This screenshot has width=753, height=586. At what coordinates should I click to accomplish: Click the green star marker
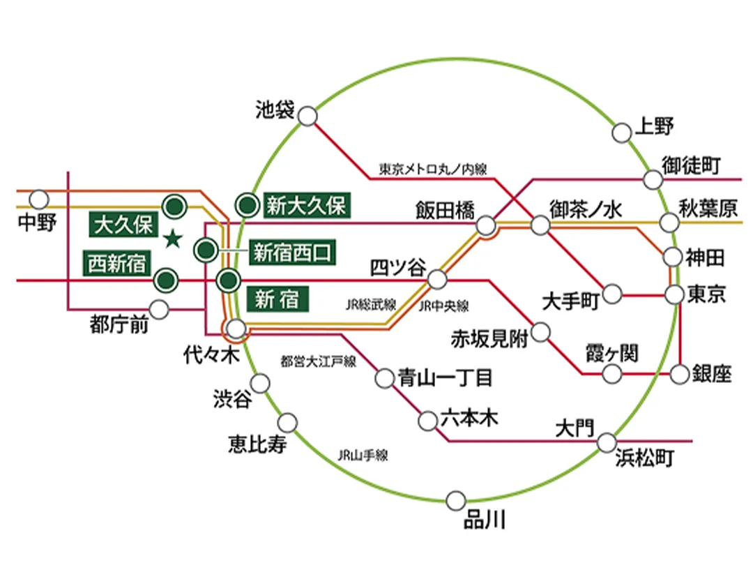(172, 240)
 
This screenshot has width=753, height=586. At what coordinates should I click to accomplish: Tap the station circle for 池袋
(307, 116)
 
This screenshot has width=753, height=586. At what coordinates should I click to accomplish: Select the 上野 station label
(653, 128)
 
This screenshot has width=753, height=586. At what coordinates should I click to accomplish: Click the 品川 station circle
(456, 499)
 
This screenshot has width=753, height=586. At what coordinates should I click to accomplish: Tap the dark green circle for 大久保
(174, 205)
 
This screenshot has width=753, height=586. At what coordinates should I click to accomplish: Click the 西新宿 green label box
(117, 264)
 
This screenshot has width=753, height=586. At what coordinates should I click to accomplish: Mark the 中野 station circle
(39, 200)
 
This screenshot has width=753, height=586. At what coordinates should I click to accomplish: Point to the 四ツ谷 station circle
(437, 279)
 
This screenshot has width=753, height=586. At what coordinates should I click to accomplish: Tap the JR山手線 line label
(363, 456)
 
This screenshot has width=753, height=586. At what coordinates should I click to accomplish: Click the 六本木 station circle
(428, 421)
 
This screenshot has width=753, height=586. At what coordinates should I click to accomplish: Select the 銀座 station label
(712, 374)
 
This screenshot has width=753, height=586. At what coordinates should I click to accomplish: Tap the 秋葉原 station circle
(669, 223)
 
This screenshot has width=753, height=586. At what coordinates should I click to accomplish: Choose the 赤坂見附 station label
(489, 339)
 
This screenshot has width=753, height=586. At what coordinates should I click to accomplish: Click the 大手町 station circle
(613, 294)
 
